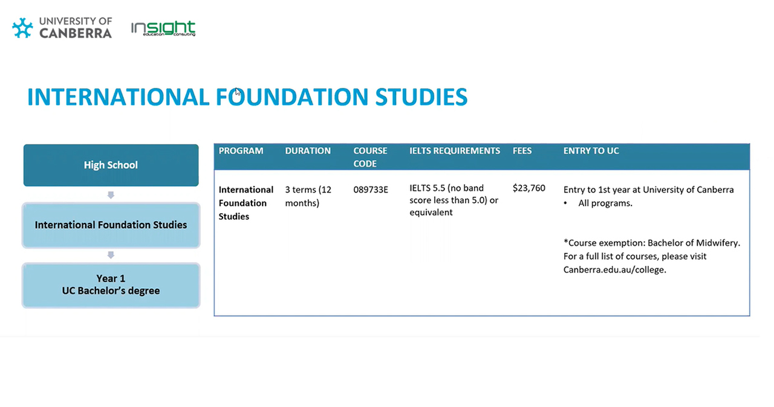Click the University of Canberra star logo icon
[22, 28]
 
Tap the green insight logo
[163, 28]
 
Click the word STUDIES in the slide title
[421, 97]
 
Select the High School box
[111, 165]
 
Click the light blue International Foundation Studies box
[111, 225]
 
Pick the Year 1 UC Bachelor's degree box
[111, 285]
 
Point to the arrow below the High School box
[111, 195]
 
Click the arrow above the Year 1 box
[111, 255]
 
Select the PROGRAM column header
[241, 151]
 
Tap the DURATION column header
[308, 151]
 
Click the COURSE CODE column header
[370, 157]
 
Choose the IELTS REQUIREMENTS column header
[455, 151]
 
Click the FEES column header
[522, 151]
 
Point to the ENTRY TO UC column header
[591, 151]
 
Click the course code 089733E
[371, 190]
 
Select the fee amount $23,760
[529, 188]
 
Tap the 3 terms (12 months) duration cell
[308, 196]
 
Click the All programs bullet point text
[605, 203]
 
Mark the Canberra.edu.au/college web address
[615, 270]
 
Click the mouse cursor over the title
[238, 92]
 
